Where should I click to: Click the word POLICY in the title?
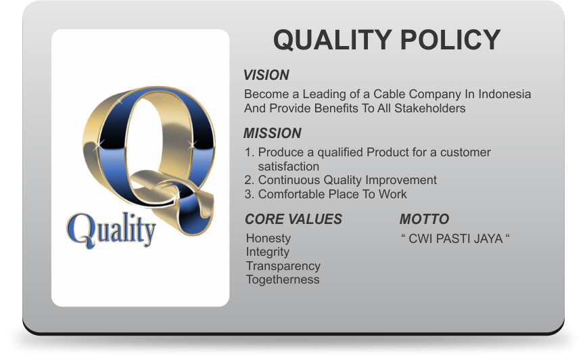[450, 39]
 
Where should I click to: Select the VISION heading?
[266, 75]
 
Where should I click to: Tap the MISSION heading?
[273, 133]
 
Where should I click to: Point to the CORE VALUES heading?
[293, 219]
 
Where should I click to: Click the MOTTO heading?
[424, 219]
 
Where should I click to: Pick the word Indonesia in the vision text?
[504, 93]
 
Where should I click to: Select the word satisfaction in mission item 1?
[289, 166]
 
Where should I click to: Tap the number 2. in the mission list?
[250, 180]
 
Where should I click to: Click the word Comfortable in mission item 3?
[291, 194]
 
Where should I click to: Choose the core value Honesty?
[268, 238]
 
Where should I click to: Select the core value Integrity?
[268, 252]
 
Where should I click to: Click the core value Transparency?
[283, 266]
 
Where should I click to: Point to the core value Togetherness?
[283, 279]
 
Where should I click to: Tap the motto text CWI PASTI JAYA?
[455, 239]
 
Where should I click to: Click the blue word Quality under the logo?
[111, 230]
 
